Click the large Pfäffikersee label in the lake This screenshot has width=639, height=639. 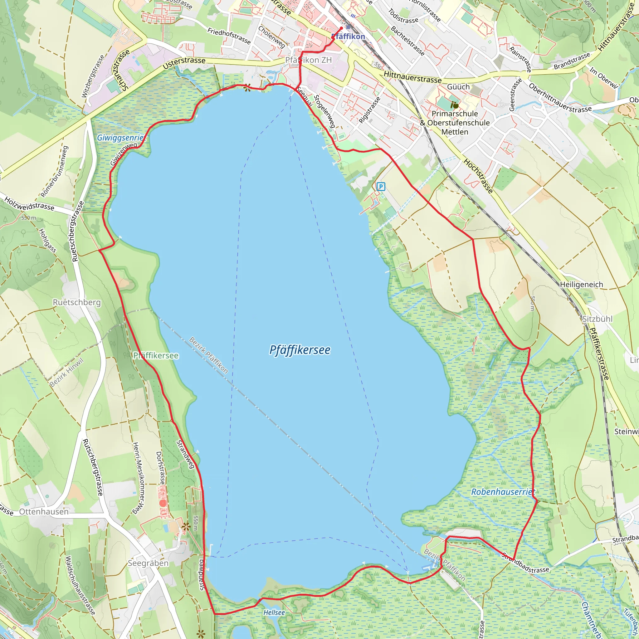point(300,350)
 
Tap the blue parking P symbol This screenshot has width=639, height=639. point(381,187)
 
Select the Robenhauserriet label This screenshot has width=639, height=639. point(503,492)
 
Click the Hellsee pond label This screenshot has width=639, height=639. point(274,612)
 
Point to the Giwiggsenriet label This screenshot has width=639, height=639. point(121,138)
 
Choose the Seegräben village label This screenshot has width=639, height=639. point(148,563)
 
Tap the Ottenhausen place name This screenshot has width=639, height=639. point(44,512)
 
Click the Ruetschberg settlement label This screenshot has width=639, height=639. point(77,302)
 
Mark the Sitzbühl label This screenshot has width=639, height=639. point(597,319)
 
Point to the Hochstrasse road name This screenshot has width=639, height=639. point(478,176)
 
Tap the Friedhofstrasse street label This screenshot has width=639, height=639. point(229,36)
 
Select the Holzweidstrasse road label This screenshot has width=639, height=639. point(29,204)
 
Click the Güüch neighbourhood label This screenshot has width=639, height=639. point(458,87)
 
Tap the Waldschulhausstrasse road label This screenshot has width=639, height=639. point(80,585)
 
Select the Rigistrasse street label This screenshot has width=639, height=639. point(369,110)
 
